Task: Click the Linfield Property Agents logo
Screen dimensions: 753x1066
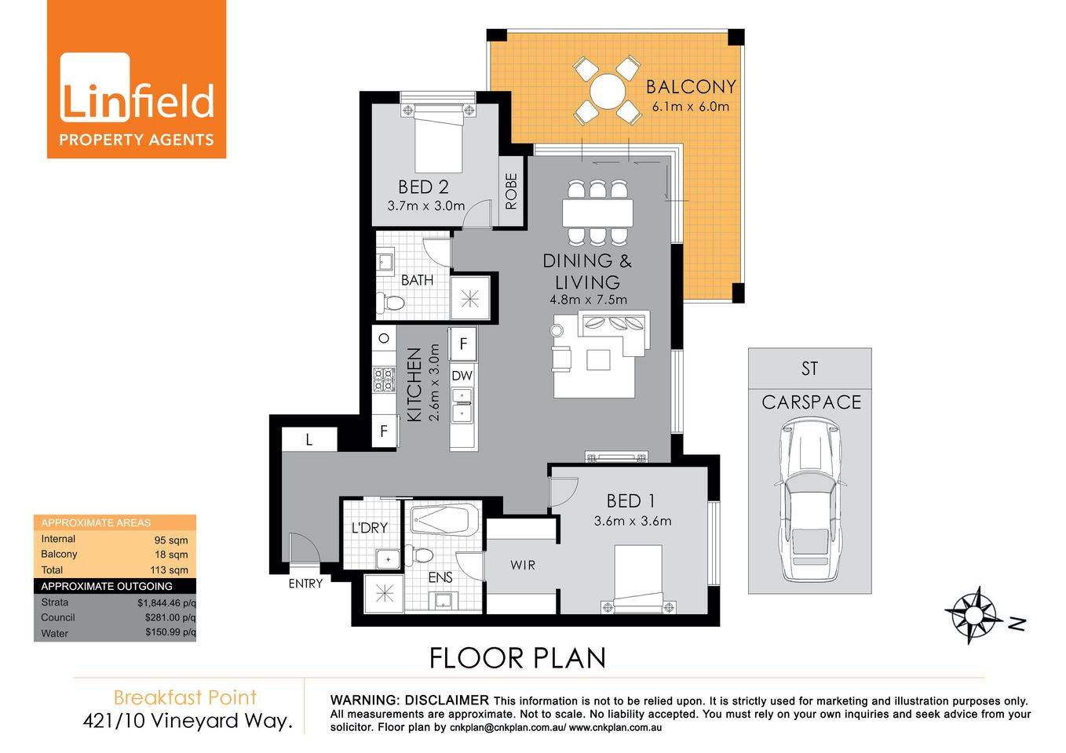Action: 137,79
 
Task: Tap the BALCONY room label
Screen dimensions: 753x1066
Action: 691,87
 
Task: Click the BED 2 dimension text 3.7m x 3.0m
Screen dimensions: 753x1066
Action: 426,206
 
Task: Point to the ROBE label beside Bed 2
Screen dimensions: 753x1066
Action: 511,191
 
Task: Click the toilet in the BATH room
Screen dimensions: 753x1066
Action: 390,302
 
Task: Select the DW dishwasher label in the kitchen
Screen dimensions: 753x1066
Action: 462,376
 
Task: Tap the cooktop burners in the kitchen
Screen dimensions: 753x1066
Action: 384,380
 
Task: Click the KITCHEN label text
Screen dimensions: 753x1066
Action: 414,384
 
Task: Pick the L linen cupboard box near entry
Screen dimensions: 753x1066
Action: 309,440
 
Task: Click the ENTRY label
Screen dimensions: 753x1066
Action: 305,584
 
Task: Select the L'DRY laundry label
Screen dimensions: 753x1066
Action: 369,528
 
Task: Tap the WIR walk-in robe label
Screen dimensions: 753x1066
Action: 523,565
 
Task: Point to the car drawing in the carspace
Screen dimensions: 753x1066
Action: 809,498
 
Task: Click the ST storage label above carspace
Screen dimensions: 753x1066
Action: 809,369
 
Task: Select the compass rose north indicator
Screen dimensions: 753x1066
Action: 975,614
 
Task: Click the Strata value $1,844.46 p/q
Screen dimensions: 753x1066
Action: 166,603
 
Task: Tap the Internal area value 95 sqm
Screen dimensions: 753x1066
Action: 170,540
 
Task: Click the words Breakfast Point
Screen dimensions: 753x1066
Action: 185,697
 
